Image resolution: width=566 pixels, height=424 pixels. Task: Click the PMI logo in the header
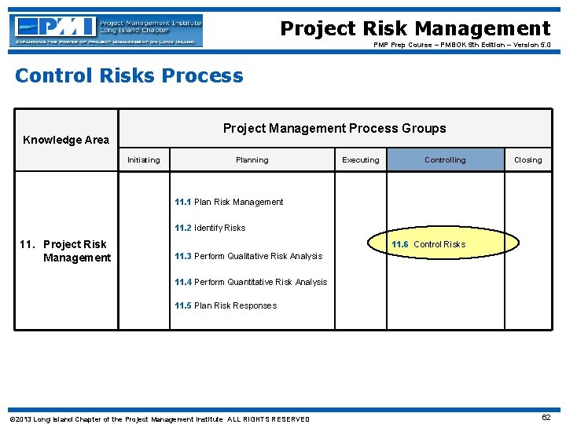tap(106, 31)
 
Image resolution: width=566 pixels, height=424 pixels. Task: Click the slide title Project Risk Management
tap(415, 28)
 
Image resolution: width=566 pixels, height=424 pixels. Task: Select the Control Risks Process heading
tap(129, 75)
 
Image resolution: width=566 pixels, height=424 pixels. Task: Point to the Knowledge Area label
tap(66, 140)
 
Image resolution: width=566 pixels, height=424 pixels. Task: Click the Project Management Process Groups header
tap(334, 128)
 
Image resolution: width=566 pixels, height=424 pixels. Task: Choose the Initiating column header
tap(143, 160)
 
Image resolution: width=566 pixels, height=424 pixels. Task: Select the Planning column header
tap(252, 160)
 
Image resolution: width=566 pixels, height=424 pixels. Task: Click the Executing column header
tap(360, 160)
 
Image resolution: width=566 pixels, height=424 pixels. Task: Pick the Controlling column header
tap(445, 160)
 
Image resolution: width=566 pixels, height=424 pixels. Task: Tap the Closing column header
tap(527, 160)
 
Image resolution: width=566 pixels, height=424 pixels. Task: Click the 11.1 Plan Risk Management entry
tap(229, 202)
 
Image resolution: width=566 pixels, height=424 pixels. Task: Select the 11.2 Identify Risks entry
tap(210, 228)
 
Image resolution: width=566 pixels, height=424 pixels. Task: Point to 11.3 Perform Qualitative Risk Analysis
tap(248, 256)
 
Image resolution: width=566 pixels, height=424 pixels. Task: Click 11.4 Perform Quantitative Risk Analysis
tap(251, 282)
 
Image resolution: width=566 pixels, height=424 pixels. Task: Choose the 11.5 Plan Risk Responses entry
tap(226, 305)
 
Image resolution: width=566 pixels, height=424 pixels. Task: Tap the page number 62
tap(546, 418)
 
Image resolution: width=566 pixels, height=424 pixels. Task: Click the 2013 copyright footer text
tap(159, 419)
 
